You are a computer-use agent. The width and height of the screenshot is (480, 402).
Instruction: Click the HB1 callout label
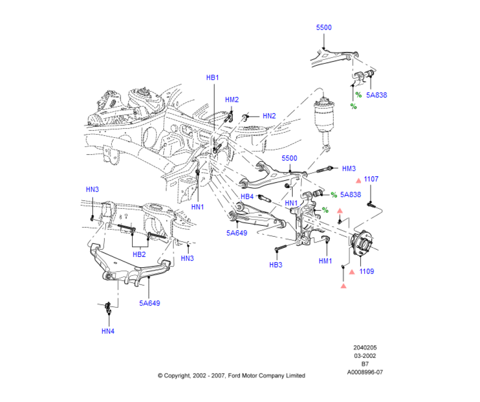[213, 77]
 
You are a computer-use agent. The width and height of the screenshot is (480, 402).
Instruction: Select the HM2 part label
[232, 99]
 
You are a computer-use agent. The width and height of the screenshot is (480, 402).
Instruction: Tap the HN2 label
[269, 116]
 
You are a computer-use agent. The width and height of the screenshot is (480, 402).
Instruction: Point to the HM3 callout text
[348, 169]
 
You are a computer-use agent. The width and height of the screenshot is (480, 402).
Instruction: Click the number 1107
[371, 179]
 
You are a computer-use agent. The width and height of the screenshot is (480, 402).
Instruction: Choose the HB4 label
[247, 197]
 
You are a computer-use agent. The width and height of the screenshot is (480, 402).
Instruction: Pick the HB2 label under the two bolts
[139, 255]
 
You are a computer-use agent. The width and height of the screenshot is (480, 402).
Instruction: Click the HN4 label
[108, 331]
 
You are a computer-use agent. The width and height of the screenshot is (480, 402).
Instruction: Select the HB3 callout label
[276, 265]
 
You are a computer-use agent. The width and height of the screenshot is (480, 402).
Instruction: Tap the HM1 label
[325, 261]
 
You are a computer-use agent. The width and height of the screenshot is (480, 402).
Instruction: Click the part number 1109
[366, 271]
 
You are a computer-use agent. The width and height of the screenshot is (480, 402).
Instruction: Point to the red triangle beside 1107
[359, 181]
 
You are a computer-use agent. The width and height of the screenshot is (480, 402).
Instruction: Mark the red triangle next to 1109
[352, 272]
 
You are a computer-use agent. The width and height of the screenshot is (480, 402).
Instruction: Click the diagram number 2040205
[365, 348]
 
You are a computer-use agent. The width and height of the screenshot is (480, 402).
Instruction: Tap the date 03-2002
[365, 356]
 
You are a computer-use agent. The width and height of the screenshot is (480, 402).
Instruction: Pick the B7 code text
[365, 364]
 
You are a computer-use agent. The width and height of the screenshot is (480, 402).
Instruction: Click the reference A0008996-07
[365, 372]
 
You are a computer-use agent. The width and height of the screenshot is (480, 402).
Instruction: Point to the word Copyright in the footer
[177, 376]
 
